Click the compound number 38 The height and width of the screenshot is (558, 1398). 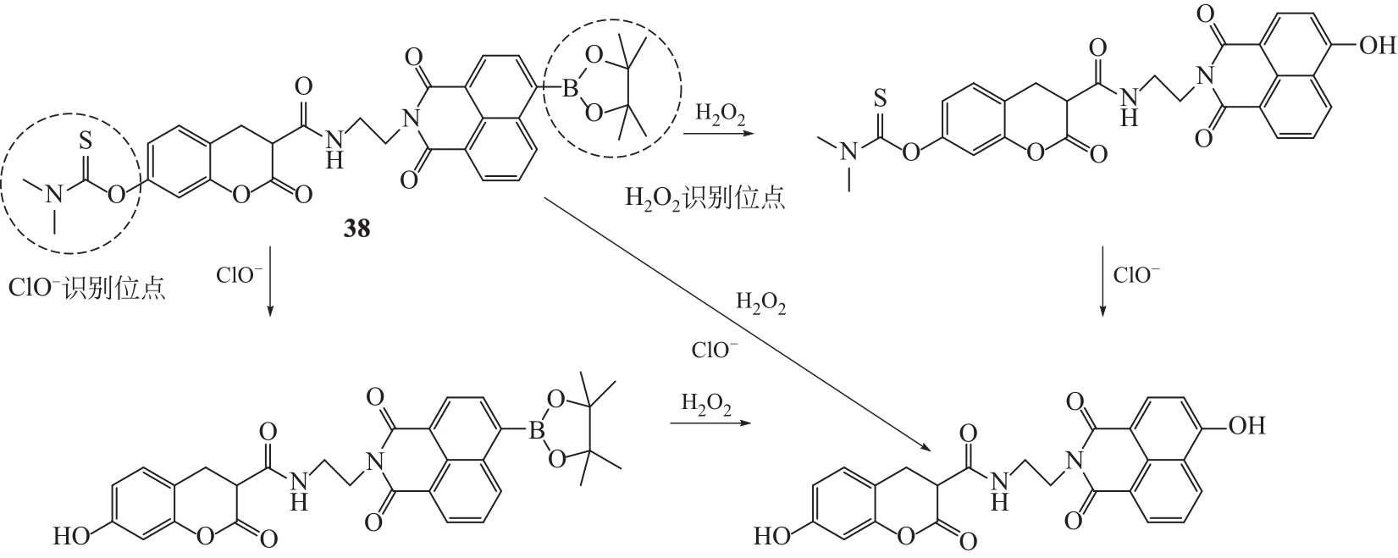point(356,229)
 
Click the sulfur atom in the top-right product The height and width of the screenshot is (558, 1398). point(881,101)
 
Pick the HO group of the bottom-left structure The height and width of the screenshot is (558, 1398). point(71,536)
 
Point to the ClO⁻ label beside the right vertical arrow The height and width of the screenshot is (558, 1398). point(1136,275)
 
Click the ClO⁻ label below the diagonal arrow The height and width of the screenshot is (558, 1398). point(715,350)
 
